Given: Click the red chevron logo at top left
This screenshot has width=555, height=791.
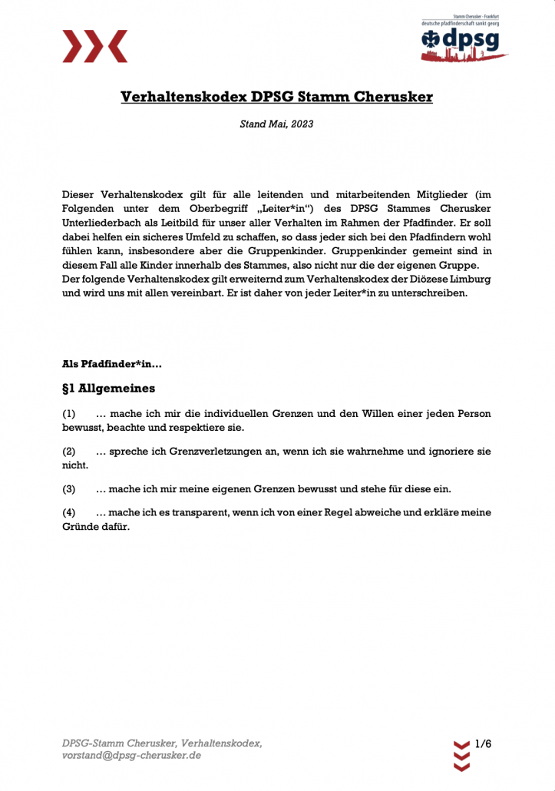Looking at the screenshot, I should click(94, 46).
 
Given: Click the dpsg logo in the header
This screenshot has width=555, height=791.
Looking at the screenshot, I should click(464, 38).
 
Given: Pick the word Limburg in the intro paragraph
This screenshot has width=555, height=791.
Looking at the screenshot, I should click(470, 279).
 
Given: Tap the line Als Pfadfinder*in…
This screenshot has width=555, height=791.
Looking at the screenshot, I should click(111, 363).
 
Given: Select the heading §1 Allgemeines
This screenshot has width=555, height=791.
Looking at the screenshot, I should click(108, 388).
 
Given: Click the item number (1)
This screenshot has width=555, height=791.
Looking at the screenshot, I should click(69, 413).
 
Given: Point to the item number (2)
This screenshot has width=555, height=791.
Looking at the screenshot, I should click(69, 452).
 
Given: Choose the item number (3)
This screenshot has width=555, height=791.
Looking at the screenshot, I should click(69, 488).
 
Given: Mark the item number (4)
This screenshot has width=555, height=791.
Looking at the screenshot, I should click(69, 512).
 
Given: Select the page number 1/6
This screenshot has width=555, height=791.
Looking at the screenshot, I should click(483, 744).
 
